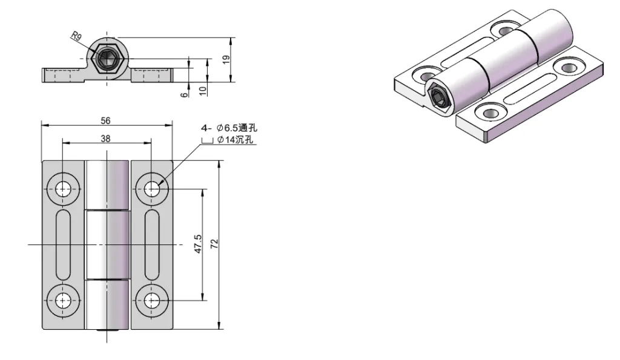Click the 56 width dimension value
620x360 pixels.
coord(106,120)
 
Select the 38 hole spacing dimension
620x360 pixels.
coord(106,139)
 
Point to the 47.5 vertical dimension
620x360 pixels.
coord(197,244)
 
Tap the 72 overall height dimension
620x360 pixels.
coord(214,244)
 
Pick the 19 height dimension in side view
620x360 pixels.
coord(225,59)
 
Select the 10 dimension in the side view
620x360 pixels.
coord(203,90)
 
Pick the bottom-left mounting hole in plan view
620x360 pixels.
coord(63,299)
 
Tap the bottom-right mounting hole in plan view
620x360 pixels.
coord(152,299)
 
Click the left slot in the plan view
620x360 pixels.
coord(63,244)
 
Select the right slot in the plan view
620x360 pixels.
coord(152,244)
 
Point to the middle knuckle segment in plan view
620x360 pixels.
coord(107,244)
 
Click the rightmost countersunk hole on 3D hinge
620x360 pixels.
coord(569,67)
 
